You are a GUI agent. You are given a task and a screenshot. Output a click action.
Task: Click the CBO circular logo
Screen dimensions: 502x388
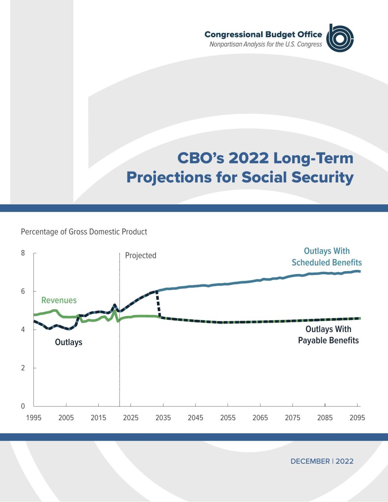[x=340, y=38]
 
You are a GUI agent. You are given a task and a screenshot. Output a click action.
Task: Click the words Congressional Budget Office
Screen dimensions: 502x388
[x=263, y=34]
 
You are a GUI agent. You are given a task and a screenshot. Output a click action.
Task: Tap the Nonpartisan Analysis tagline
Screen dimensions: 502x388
[x=266, y=44]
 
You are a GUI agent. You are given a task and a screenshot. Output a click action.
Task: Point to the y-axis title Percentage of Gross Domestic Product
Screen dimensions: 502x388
[x=84, y=232]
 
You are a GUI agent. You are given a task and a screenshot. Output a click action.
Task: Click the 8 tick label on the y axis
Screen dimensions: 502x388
[x=23, y=253]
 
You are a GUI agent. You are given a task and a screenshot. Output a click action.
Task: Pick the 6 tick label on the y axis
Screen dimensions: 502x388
[x=23, y=291]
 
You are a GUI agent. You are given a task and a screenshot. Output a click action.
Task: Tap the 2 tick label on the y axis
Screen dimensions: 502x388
[x=23, y=368]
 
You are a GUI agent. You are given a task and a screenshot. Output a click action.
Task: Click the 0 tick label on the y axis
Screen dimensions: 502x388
[x=23, y=406]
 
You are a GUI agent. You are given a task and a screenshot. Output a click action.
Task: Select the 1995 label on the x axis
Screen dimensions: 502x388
[x=34, y=418]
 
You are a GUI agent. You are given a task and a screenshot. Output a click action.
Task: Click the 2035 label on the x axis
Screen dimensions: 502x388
[x=163, y=418]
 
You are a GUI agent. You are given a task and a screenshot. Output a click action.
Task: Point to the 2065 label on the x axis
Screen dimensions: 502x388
[x=260, y=418]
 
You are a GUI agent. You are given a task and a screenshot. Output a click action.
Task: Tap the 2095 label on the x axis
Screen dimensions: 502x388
[x=357, y=418]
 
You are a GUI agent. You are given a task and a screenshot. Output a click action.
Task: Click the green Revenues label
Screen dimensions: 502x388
[x=59, y=300]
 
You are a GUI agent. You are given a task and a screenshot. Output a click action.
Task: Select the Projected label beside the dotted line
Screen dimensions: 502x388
[x=140, y=255]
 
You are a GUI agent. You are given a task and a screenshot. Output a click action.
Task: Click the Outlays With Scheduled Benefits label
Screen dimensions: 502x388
[x=327, y=257]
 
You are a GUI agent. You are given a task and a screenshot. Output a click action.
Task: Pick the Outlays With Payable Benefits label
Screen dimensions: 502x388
[x=328, y=335]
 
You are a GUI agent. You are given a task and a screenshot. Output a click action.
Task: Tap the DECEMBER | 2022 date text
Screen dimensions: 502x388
[x=322, y=461]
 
